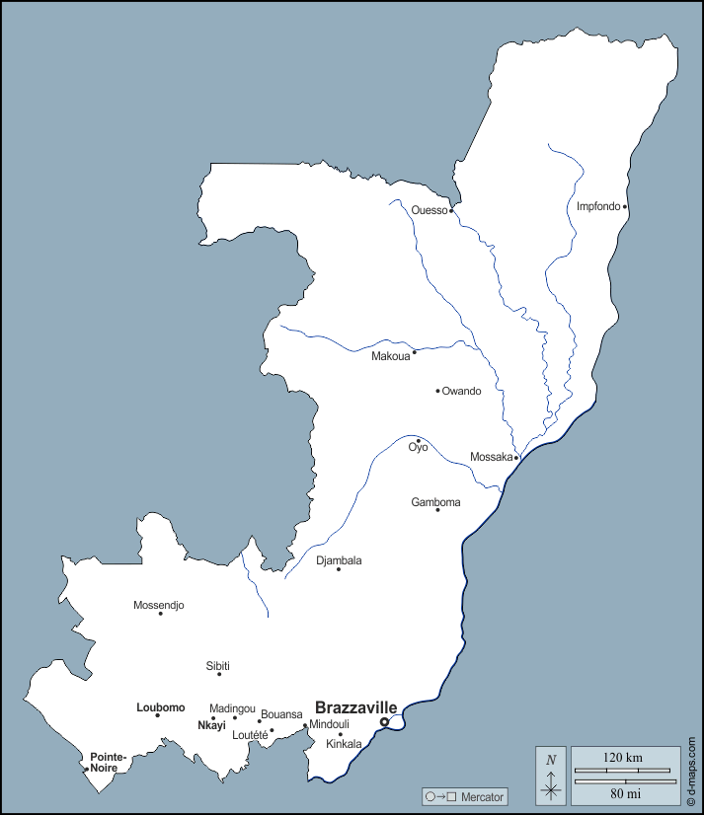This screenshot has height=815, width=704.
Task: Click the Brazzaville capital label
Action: tap(355, 707)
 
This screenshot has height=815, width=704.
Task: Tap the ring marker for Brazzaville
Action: tap(384, 722)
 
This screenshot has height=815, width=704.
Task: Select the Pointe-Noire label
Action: tap(109, 762)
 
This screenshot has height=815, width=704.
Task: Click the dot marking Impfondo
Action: tap(625, 207)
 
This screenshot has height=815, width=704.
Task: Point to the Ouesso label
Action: tap(430, 210)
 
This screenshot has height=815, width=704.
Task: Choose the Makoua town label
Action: tap(390, 356)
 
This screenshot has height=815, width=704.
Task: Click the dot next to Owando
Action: tap(437, 391)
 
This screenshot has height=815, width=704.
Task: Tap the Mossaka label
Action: tap(491, 458)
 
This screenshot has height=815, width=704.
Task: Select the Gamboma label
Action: tap(435, 502)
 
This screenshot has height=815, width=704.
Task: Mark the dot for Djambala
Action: tap(339, 569)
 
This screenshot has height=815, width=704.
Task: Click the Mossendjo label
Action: tap(158, 605)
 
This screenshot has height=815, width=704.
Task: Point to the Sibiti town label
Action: tap(218, 665)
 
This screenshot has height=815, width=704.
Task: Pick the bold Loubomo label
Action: tap(160, 707)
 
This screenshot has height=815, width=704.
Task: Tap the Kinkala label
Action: tap(344, 744)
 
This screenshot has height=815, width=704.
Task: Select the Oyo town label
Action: tap(418, 448)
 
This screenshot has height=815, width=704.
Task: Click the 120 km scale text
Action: tap(623, 757)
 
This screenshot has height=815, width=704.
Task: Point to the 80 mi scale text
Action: tap(623, 792)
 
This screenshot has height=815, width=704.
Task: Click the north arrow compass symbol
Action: tap(551, 776)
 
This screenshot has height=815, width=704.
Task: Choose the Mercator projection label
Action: tap(482, 796)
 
